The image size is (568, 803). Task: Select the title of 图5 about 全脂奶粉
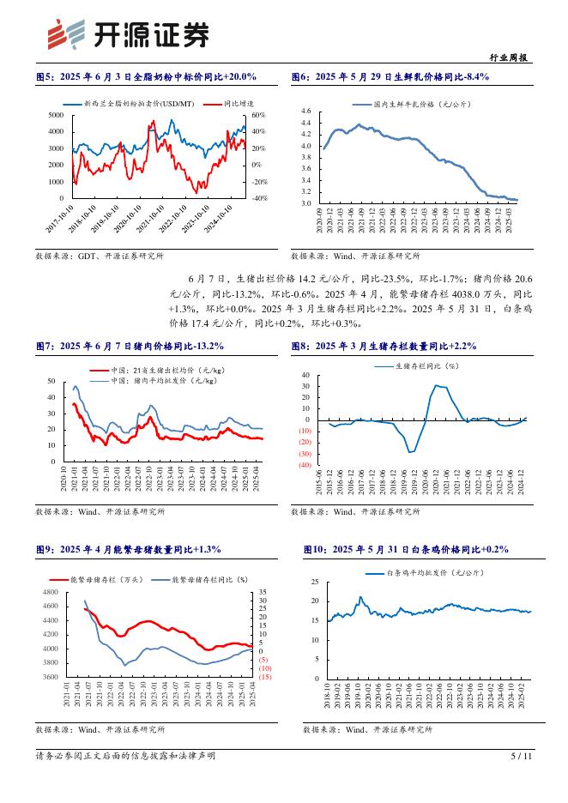146,77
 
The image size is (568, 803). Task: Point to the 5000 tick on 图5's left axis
56,115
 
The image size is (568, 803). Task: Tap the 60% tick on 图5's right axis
259,115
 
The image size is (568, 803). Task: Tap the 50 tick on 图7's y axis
51,381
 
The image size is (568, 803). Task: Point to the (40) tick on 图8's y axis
304,465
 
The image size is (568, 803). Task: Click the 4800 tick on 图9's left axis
49,593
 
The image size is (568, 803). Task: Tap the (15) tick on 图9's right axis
264,677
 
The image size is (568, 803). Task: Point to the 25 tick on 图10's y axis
315,583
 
